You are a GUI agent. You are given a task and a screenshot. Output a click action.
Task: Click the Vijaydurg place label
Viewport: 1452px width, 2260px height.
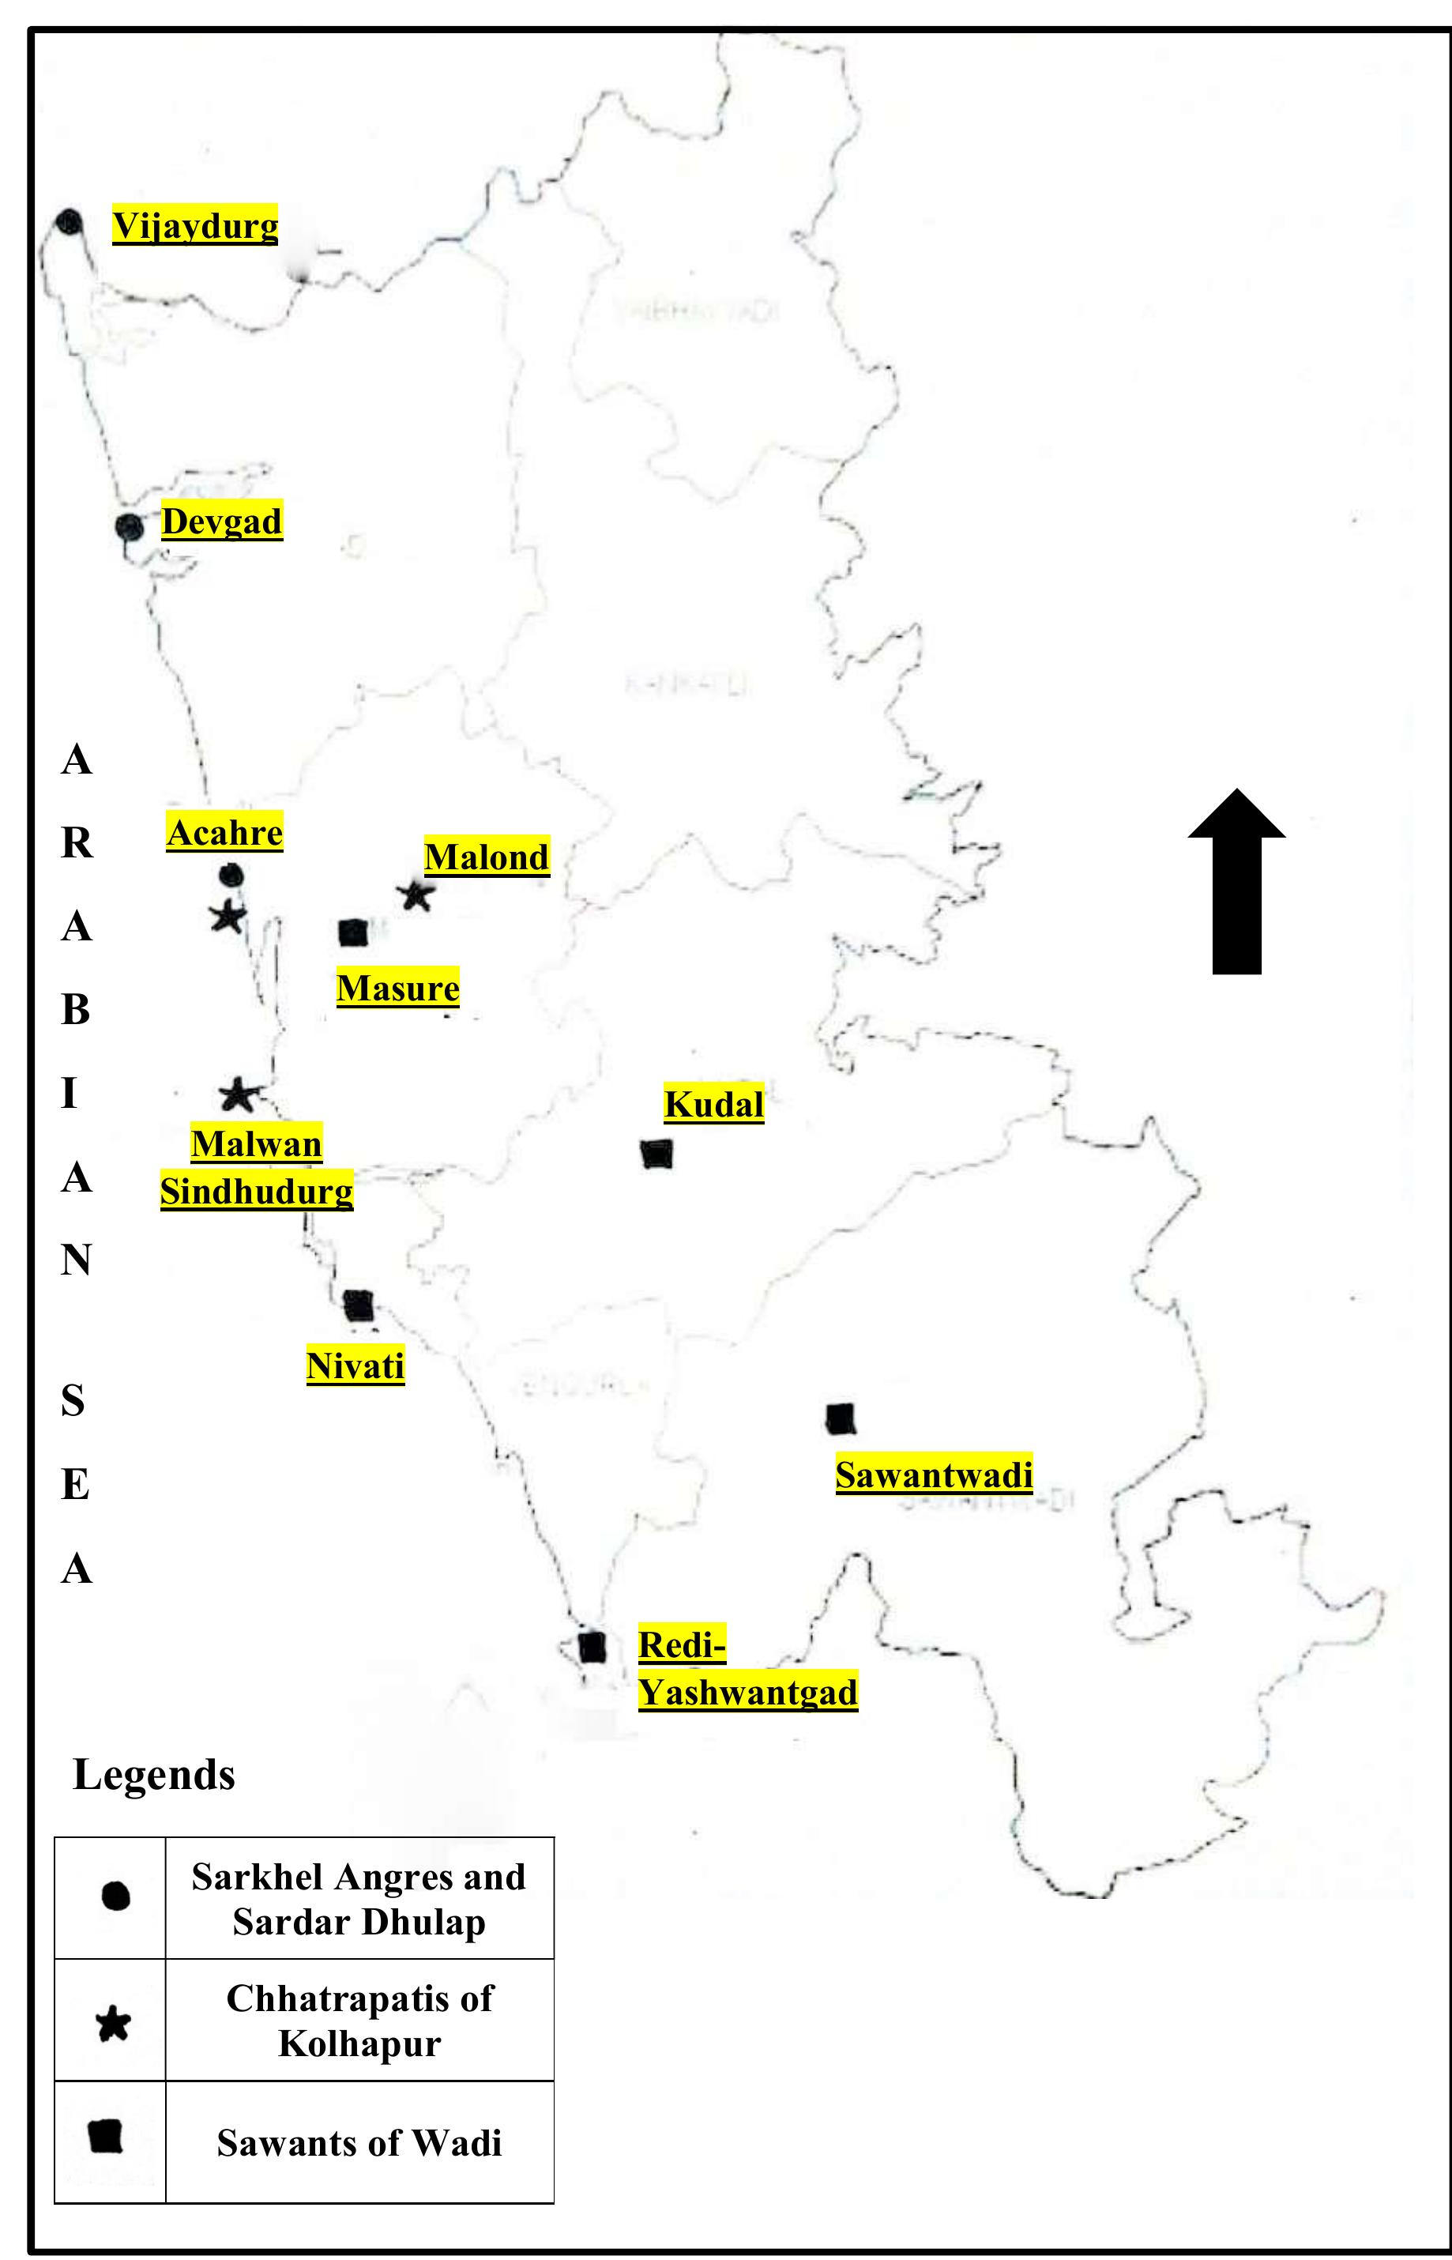click(195, 225)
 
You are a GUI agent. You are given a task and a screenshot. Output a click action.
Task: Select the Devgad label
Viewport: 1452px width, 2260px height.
click(221, 521)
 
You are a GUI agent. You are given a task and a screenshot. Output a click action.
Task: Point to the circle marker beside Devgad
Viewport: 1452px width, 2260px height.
click(130, 527)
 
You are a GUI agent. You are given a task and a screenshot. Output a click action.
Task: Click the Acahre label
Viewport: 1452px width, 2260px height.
click(224, 833)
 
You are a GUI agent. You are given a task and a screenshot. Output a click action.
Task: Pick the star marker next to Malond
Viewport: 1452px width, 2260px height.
click(415, 896)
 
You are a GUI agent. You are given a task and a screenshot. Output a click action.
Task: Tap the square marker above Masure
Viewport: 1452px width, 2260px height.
click(352, 933)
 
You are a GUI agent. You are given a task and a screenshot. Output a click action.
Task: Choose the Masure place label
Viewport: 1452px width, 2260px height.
click(398, 988)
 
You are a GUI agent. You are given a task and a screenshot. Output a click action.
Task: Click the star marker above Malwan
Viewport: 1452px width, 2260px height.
click(238, 1095)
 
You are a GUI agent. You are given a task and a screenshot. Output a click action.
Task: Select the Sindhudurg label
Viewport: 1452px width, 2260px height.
click(257, 1191)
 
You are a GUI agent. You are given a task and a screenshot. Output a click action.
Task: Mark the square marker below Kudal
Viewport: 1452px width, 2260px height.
click(656, 1153)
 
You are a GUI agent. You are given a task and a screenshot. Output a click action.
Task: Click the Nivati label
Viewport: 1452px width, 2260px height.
click(355, 1365)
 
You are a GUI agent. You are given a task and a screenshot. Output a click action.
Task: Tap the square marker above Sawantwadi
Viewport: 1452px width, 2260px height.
click(840, 1419)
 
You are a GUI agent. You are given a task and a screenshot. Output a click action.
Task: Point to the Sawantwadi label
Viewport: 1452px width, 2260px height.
click(934, 1475)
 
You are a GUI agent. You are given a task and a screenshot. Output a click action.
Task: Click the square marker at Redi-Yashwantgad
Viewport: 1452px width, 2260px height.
click(591, 1647)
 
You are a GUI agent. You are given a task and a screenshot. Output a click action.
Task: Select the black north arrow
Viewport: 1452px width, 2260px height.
click(1236, 882)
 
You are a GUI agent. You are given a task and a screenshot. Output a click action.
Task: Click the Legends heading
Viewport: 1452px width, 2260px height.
click(154, 1775)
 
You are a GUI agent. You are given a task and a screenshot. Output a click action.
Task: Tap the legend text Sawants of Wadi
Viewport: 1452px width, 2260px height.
click(359, 2143)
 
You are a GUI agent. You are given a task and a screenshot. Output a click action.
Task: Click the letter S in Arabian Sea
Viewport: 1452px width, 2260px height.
click(73, 1401)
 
